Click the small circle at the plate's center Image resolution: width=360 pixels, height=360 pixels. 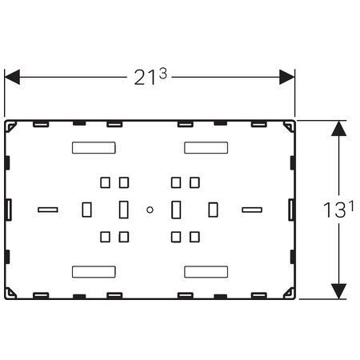click(x=150, y=210)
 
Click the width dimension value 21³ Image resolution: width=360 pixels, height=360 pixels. click(x=150, y=77)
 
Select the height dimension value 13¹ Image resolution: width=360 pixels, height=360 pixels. click(x=338, y=209)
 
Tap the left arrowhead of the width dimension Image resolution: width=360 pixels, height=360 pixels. click(x=12, y=78)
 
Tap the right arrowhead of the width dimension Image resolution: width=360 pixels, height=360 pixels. click(x=287, y=78)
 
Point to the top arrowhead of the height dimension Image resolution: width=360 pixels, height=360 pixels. click(x=338, y=128)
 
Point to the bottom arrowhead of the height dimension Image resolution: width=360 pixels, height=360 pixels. click(x=338, y=291)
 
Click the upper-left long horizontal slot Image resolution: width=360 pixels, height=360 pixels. click(x=94, y=148)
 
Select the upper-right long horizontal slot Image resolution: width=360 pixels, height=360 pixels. click(x=206, y=148)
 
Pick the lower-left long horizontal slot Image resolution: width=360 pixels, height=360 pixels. click(x=94, y=272)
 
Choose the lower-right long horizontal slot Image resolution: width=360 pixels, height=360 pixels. click(x=206, y=272)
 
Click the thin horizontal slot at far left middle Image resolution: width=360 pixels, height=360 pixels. click(x=48, y=210)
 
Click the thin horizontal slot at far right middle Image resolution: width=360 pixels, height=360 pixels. click(x=252, y=210)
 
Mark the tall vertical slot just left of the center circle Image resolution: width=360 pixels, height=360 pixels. click(x=123, y=210)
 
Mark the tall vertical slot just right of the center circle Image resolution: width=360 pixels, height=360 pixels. click(x=176, y=210)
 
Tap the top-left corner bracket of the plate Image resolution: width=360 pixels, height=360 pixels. click(x=10, y=126)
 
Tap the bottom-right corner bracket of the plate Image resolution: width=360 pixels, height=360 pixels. click(x=289, y=293)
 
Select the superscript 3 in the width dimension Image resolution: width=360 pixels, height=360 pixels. click(x=163, y=74)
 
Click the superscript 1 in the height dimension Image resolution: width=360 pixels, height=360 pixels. click(x=351, y=206)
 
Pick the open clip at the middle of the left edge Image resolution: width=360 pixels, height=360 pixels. click(x=9, y=210)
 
